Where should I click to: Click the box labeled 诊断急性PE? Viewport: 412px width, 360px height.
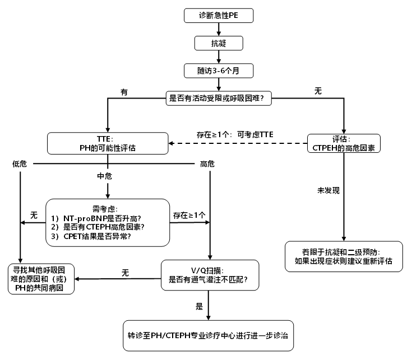click(x=218, y=15)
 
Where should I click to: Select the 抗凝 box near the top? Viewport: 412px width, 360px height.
click(x=218, y=43)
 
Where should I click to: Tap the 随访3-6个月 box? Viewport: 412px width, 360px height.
click(x=218, y=71)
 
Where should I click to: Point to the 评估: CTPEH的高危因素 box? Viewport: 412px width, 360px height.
click(x=344, y=143)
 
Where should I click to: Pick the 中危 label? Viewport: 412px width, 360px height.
click(x=105, y=176)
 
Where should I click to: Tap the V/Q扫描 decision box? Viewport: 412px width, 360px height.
click(x=210, y=274)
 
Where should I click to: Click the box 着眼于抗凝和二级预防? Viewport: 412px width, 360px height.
click(x=344, y=256)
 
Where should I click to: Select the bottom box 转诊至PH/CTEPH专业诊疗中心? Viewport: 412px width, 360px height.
click(x=208, y=336)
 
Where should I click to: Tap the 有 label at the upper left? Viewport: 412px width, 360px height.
click(x=124, y=91)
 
